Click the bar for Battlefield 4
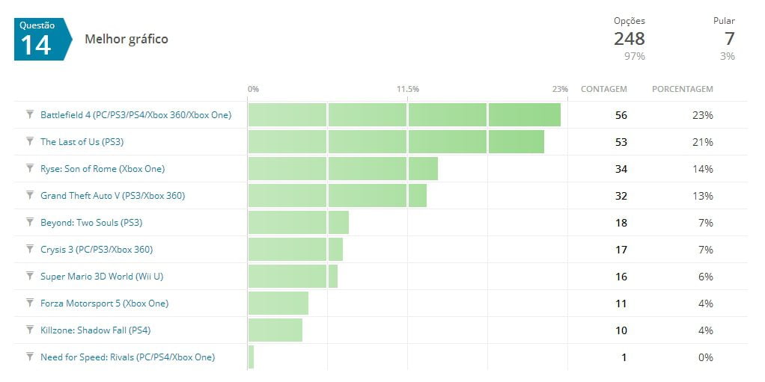404,115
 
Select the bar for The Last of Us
396,142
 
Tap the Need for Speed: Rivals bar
251,357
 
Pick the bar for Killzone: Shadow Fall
275,330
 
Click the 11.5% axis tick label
408,89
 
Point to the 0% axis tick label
254,89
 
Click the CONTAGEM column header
603,89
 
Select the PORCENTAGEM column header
682,89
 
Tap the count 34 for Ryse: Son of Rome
621,169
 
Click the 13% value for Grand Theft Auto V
704,196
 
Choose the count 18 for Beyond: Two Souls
621,223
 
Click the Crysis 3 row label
97,250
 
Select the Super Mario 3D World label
102,277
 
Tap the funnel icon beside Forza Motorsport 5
30,304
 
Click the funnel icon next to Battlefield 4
30,115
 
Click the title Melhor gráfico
127,39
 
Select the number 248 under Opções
629,38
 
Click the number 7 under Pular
729,38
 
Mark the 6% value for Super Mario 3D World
706,277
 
